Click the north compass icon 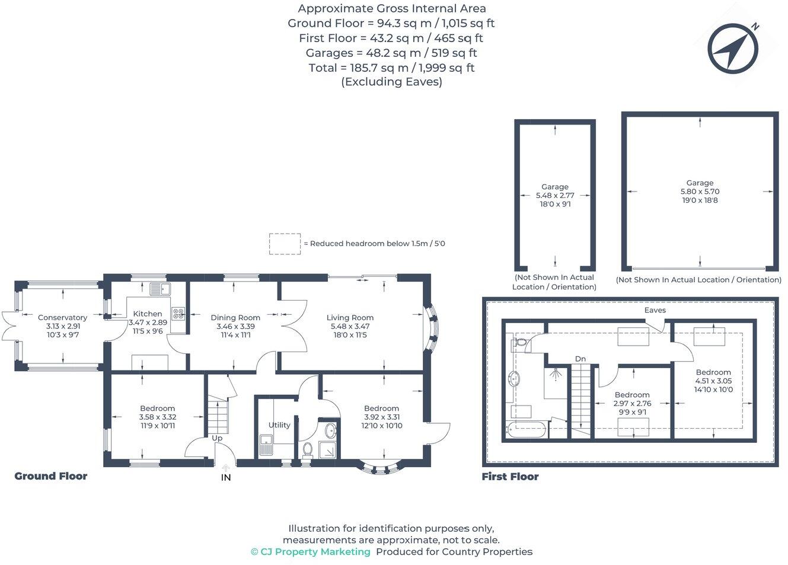(x=733, y=48)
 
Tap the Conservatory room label (x=62, y=318)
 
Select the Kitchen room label (x=148, y=314)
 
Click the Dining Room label (x=235, y=318)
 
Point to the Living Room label (x=350, y=318)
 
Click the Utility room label (x=279, y=425)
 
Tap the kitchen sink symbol (x=159, y=289)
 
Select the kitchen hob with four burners (x=178, y=314)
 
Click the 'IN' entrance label (x=226, y=477)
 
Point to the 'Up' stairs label (x=217, y=438)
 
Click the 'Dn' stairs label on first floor (x=580, y=359)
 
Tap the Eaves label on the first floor (x=655, y=310)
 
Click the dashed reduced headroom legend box (x=285, y=244)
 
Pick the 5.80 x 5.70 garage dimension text (x=700, y=191)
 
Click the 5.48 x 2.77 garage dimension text (x=555, y=196)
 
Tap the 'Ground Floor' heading (x=51, y=476)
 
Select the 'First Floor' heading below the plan (x=510, y=476)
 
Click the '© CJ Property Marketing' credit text (x=310, y=552)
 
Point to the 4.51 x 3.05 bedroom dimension (x=713, y=381)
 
